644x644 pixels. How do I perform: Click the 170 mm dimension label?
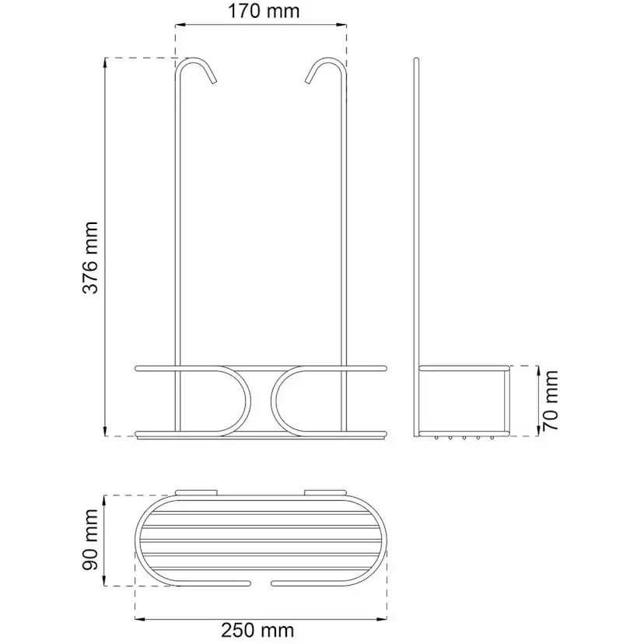(x=263, y=11)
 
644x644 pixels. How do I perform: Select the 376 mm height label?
(x=91, y=258)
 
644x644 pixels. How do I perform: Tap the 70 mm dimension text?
(x=551, y=401)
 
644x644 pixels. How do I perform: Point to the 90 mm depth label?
(x=91, y=540)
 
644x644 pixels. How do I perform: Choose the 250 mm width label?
(x=258, y=630)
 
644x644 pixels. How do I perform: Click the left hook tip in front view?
(x=214, y=82)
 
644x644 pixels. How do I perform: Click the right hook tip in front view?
(x=308, y=82)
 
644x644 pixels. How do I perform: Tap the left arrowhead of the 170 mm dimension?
(x=180, y=25)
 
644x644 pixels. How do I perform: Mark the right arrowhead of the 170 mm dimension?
(x=342, y=25)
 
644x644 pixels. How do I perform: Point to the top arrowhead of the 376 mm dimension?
(x=106, y=62)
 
